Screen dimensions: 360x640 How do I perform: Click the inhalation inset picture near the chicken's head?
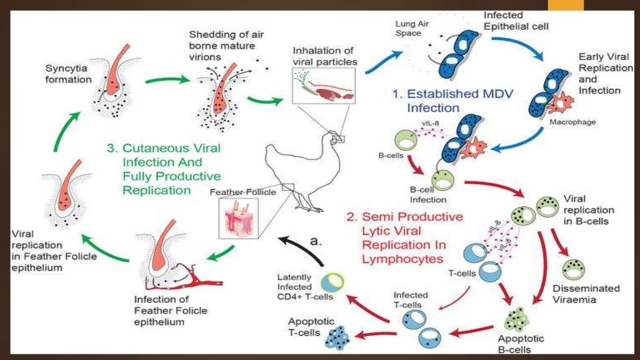(323, 86)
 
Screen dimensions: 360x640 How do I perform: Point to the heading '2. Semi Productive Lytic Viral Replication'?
(405, 237)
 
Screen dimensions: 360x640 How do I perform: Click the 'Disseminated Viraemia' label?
(586, 294)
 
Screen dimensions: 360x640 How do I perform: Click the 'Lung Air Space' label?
(410, 28)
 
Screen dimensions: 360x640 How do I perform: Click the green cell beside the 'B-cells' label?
(404, 140)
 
